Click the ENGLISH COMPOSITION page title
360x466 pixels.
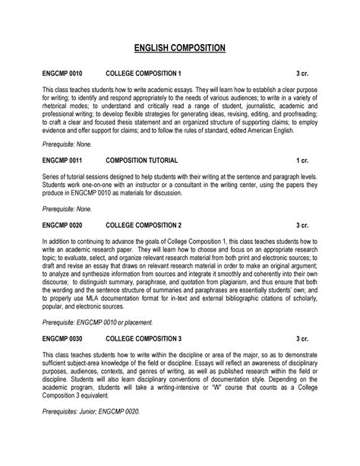(x=180, y=49)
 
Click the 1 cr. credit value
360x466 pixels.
(x=303, y=162)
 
